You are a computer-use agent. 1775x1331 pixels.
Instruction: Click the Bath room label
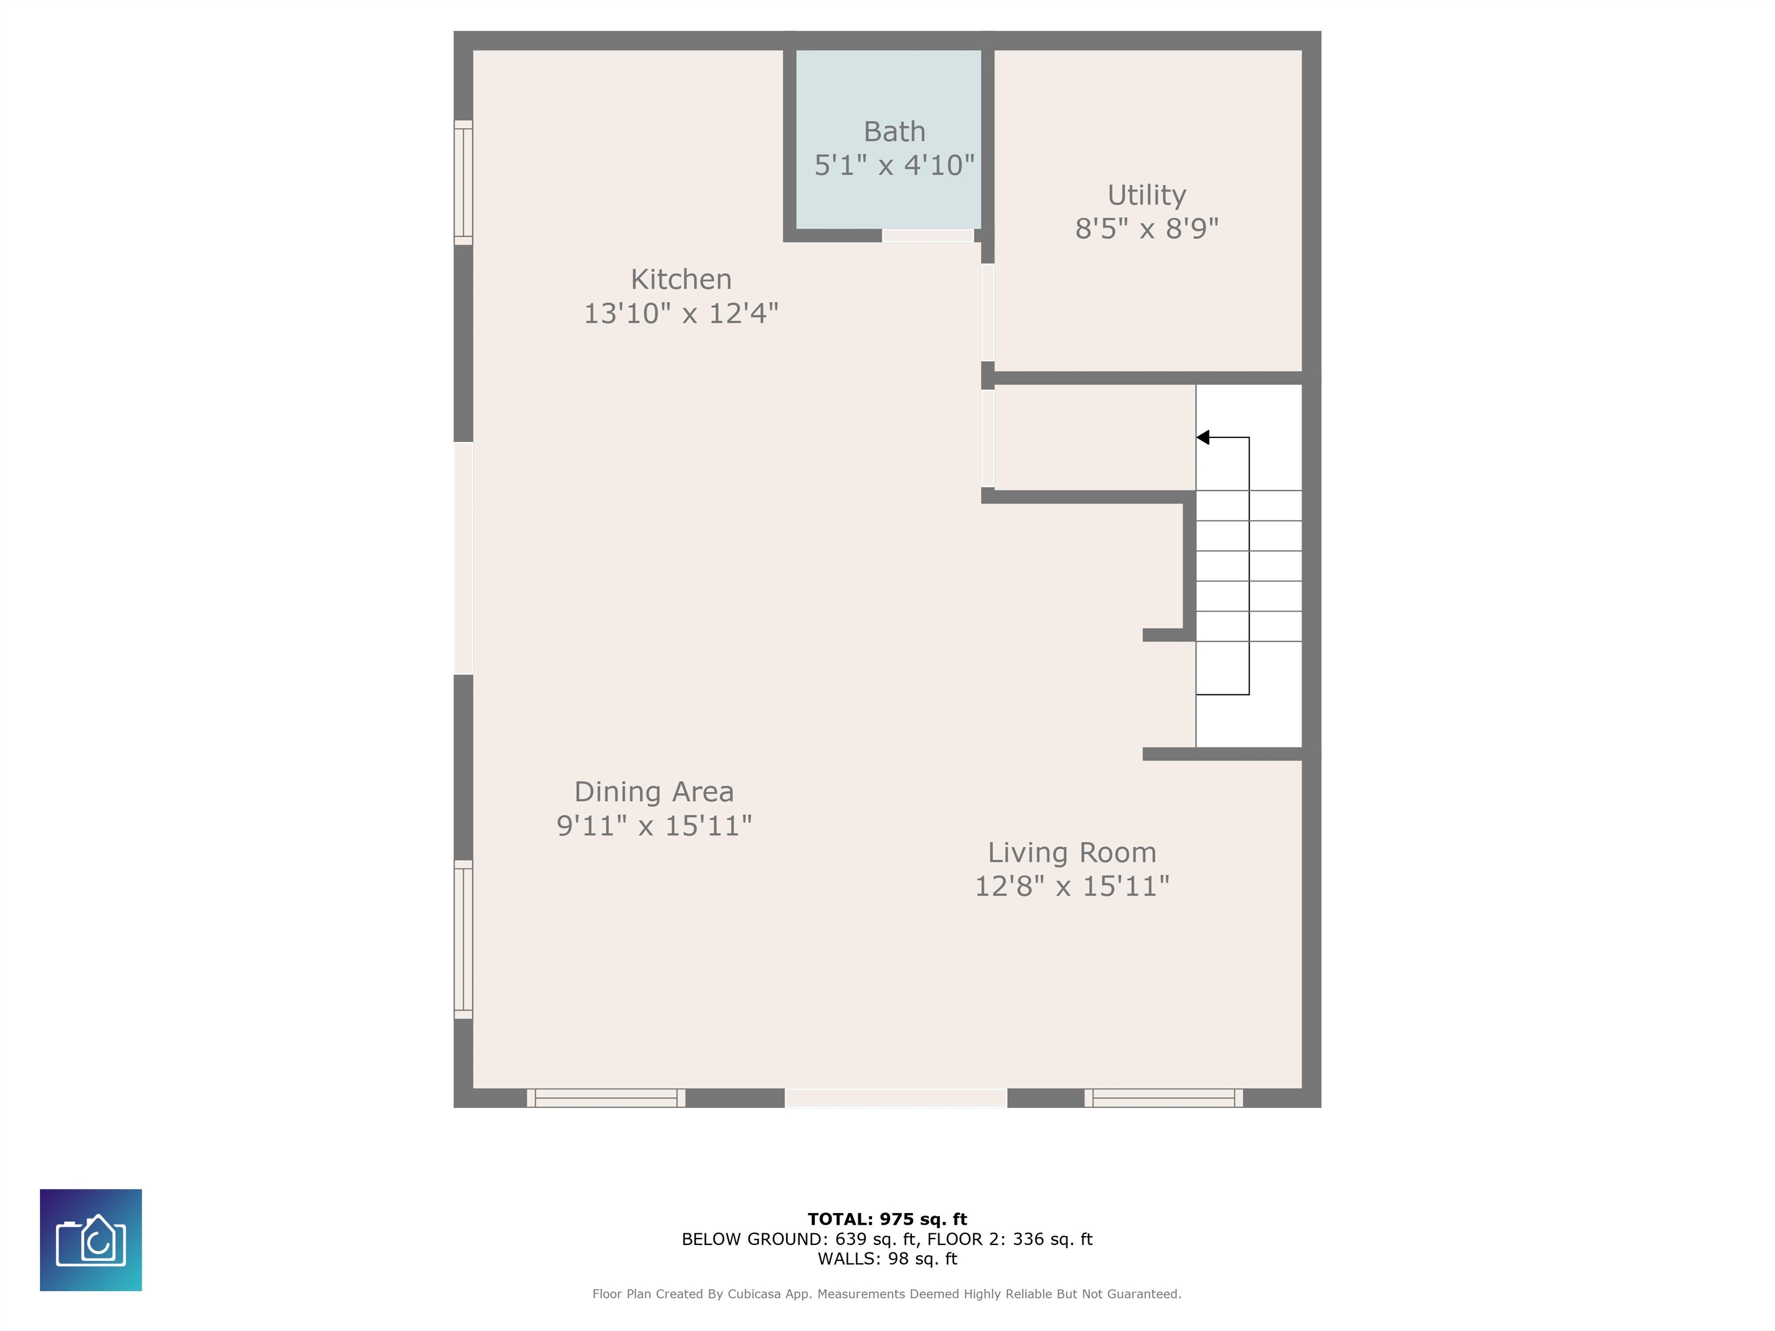[894, 132]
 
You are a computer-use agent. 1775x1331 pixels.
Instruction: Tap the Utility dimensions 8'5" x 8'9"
[1147, 229]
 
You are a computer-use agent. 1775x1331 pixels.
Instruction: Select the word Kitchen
[681, 279]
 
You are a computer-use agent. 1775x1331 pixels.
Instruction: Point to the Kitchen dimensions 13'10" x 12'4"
[681, 314]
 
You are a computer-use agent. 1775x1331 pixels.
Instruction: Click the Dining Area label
[654, 792]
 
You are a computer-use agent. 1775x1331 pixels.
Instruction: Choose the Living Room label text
[1071, 852]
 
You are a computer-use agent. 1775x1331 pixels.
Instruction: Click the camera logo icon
[91, 1240]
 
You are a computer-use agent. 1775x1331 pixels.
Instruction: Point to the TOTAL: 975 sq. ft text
[887, 1219]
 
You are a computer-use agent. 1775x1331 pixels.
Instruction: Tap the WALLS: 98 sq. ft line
[887, 1259]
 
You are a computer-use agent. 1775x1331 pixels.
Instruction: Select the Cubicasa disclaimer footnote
[887, 1293]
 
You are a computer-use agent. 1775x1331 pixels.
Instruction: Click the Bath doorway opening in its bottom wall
[927, 236]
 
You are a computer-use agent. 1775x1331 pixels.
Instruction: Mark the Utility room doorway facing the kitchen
[988, 313]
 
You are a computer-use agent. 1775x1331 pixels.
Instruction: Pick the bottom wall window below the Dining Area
[606, 1098]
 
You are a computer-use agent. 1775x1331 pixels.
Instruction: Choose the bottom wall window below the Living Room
[1164, 1098]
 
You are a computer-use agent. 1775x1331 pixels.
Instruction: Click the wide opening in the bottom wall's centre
[896, 1098]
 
